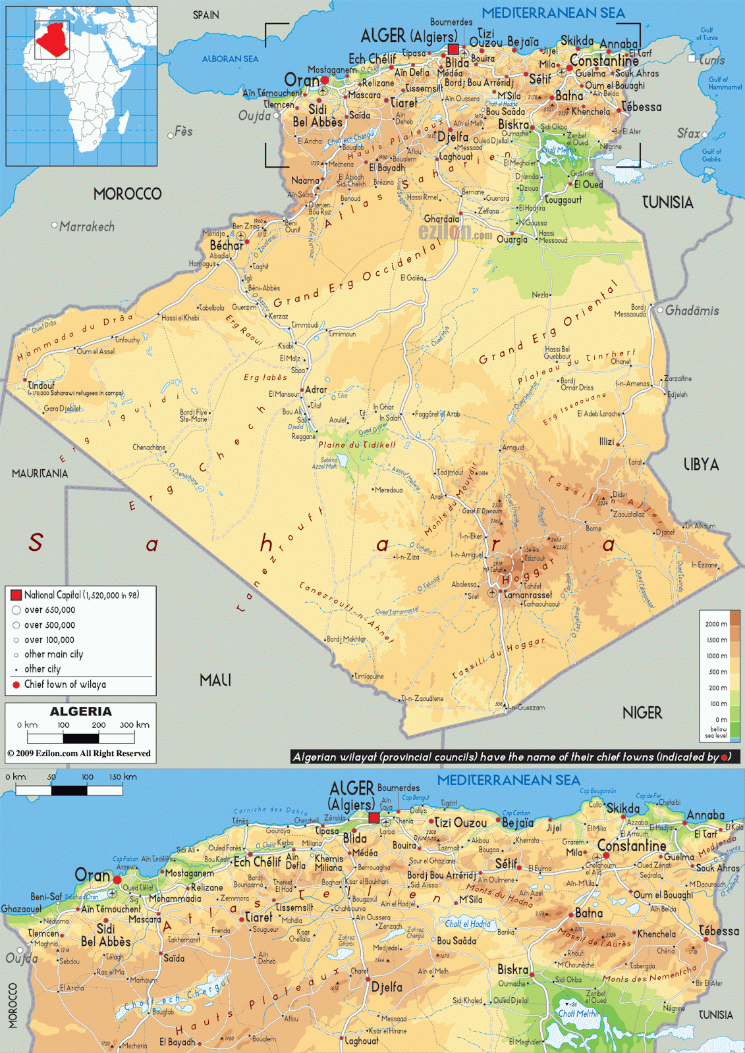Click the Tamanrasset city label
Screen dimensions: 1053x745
(x=528, y=594)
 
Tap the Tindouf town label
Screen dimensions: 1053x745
(x=41, y=386)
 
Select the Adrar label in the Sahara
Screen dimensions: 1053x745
(x=316, y=390)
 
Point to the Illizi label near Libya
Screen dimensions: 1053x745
(x=607, y=442)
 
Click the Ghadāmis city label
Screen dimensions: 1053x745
(x=692, y=311)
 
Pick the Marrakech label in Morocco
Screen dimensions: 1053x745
(x=86, y=226)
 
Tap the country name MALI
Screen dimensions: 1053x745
(x=215, y=680)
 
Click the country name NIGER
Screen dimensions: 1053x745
(x=642, y=713)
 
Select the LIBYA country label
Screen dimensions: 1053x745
(x=701, y=465)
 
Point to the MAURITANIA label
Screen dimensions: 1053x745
(x=40, y=473)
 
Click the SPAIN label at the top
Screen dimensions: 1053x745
(x=206, y=15)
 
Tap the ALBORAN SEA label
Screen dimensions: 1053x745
(x=230, y=59)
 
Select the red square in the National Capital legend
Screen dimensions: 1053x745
(x=16, y=595)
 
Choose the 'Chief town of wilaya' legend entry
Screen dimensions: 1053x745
(x=65, y=684)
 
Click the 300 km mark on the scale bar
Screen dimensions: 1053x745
(x=134, y=725)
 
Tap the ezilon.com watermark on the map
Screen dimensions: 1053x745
(x=455, y=232)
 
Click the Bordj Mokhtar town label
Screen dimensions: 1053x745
(x=346, y=639)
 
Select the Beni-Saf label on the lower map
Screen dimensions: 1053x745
(x=46, y=896)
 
